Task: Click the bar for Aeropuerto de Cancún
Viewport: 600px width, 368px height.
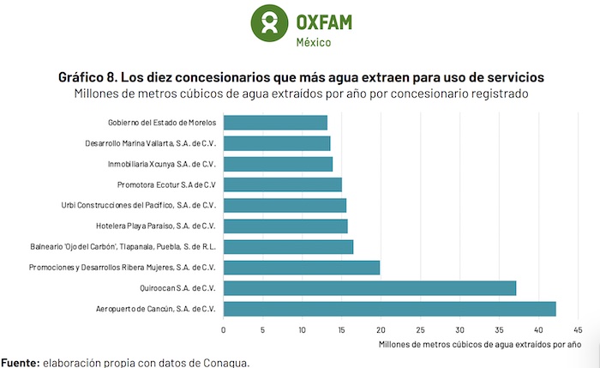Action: tap(390, 309)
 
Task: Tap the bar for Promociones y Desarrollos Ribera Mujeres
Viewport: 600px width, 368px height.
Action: tap(302, 268)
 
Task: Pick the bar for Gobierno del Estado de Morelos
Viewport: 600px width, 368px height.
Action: tap(275, 123)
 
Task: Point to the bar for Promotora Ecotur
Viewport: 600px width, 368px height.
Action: tap(283, 184)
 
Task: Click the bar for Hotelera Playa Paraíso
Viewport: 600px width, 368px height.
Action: tap(285, 226)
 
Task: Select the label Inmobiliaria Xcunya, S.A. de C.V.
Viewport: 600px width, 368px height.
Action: tap(161, 164)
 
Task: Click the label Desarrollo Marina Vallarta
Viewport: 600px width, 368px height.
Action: tap(151, 143)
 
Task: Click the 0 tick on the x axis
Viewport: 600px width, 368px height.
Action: tap(224, 329)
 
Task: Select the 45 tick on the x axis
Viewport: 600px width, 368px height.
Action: tap(578, 329)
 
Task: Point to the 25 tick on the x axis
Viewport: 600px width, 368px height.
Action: tap(420, 329)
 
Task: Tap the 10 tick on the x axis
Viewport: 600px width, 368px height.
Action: tap(303, 329)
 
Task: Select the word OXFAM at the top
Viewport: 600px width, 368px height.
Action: tap(323, 20)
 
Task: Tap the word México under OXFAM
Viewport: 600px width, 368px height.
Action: tap(313, 42)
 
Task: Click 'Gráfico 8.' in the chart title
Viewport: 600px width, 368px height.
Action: tap(90, 76)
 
